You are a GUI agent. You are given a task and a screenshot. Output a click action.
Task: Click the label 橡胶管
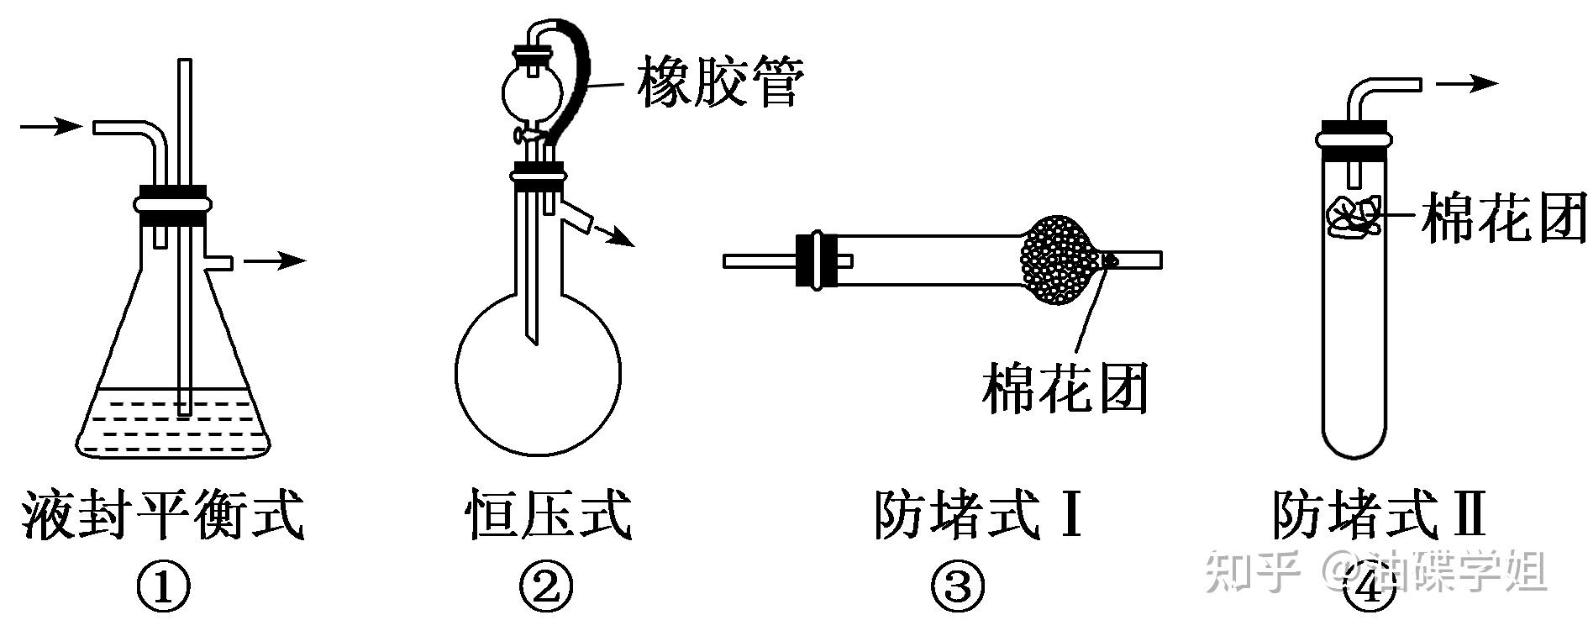click(x=720, y=82)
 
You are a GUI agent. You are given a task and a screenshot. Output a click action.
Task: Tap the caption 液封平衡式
click(x=162, y=514)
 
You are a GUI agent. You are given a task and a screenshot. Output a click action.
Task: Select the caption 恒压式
click(x=547, y=514)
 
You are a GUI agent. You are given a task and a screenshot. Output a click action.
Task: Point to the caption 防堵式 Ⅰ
click(x=976, y=514)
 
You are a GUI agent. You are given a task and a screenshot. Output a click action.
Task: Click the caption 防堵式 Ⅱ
click(x=1379, y=514)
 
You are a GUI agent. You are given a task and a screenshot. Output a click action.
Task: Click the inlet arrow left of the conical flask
click(x=50, y=127)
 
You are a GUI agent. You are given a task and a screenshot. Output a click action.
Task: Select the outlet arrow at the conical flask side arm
click(x=275, y=260)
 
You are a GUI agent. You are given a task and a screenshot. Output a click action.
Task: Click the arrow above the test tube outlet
click(x=1467, y=83)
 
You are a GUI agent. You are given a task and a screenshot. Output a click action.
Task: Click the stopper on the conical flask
click(x=171, y=204)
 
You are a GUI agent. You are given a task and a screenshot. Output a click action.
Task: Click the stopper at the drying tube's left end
click(x=815, y=260)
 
